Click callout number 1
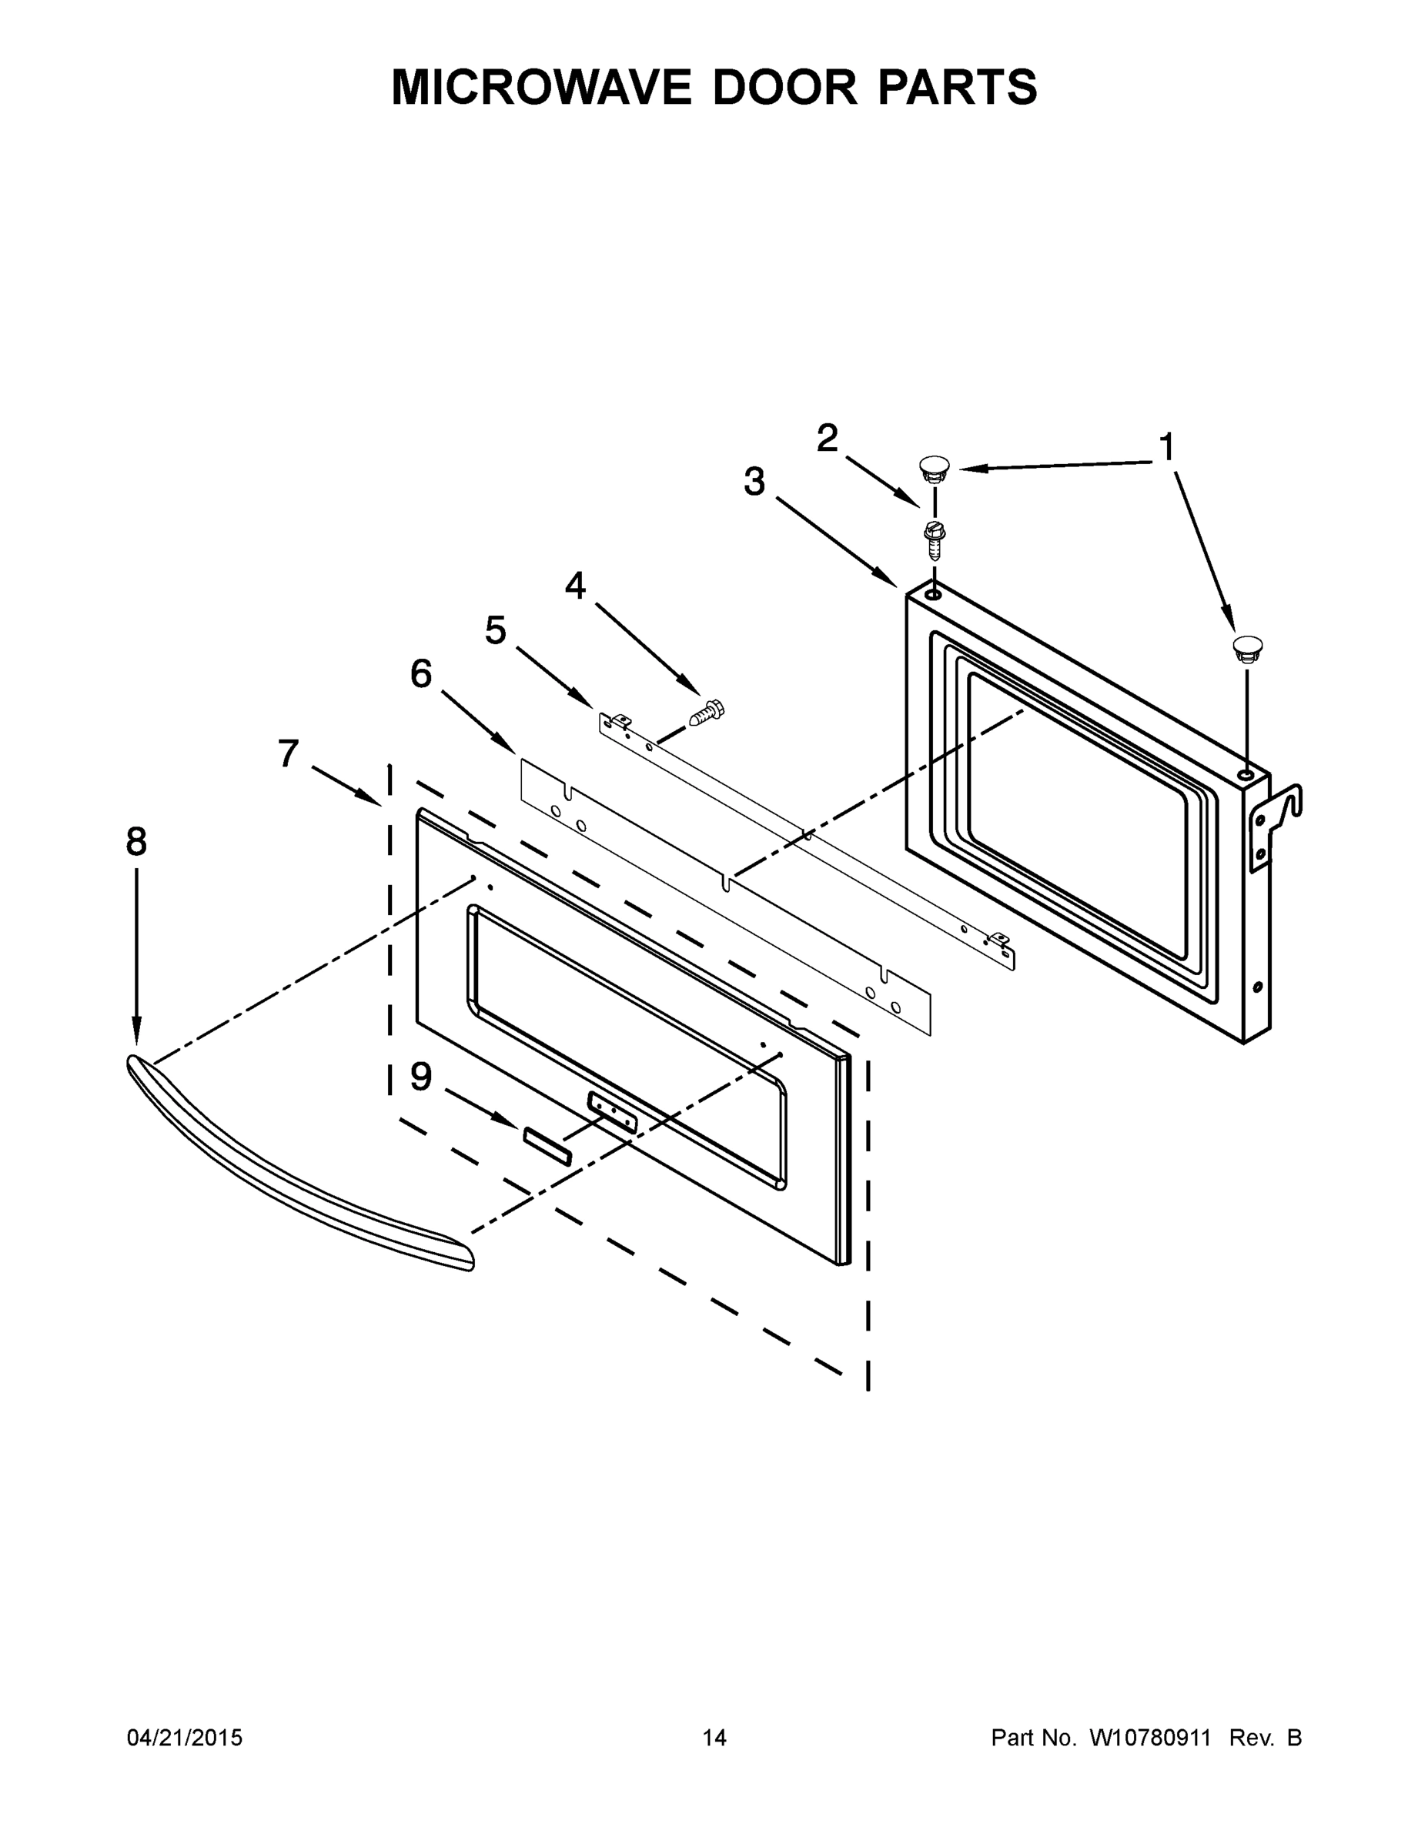[1165, 447]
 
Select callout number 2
[827, 438]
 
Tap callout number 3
[754, 482]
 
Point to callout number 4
[575, 585]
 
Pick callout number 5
[495, 630]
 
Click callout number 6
[420, 674]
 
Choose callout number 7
[289, 753]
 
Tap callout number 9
[420, 1077]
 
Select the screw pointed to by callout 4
[707, 713]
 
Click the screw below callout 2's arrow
[934, 539]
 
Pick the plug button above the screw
[933, 468]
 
